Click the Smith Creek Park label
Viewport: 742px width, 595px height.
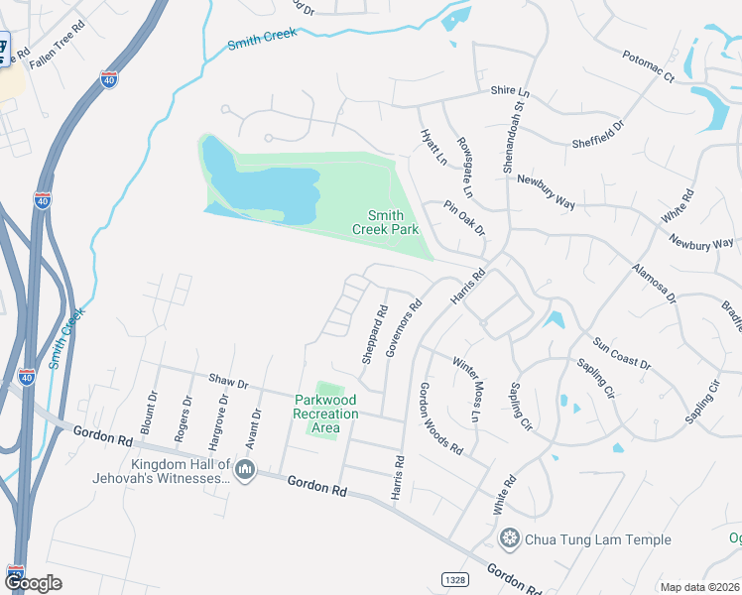click(386, 222)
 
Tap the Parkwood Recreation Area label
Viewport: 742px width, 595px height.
click(325, 415)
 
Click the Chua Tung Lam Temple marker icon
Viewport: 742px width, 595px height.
click(510, 539)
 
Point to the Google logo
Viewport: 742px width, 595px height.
click(33, 583)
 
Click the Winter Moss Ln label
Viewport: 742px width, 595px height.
click(465, 388)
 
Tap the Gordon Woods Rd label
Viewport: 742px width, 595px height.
click(441, 418)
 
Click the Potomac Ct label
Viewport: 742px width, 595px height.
click(649, 66)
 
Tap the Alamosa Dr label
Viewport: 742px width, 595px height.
click(654, 282)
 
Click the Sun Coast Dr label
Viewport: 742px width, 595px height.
click(622, 354)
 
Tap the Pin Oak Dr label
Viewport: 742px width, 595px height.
click(464, 218)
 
